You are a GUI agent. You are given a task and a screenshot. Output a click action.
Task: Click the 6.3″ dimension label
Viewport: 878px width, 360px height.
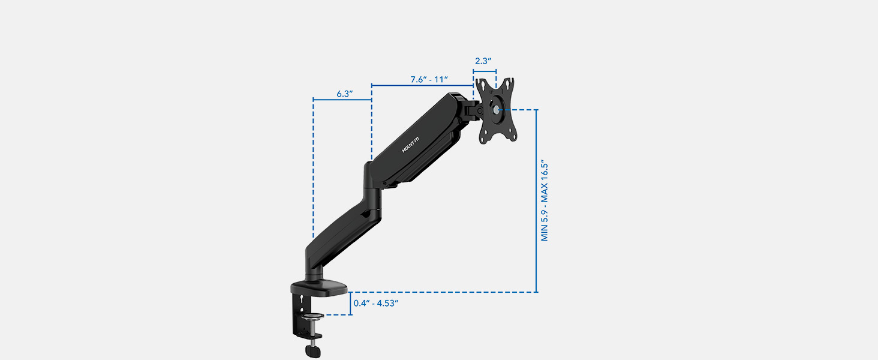(344, 94)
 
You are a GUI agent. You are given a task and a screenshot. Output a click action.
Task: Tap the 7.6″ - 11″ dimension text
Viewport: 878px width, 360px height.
(429, 80)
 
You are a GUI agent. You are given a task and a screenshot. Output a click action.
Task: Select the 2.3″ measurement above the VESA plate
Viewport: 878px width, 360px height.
(483, 61)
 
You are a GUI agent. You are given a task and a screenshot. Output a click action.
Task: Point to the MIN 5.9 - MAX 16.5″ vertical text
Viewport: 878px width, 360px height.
(545, 200)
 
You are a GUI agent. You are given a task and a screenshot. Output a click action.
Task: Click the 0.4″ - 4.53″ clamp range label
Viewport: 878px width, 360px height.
(376, 303)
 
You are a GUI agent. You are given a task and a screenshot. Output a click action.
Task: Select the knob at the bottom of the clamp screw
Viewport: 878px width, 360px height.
(312, 350)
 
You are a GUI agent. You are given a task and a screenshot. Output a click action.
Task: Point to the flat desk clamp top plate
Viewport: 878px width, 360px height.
(320, 289)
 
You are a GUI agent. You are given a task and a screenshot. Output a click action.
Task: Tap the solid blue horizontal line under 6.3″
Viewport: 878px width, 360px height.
(342, 100)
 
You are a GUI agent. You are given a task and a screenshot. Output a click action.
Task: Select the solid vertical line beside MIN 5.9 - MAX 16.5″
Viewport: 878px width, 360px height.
(537, 200)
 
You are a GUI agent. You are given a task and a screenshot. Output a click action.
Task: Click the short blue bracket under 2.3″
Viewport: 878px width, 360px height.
(485, 71)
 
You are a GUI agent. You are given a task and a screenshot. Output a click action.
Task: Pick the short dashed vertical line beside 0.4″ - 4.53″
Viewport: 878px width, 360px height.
(350, 303)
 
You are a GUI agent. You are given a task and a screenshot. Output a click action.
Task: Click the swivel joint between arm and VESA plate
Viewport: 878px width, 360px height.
(472, 109)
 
